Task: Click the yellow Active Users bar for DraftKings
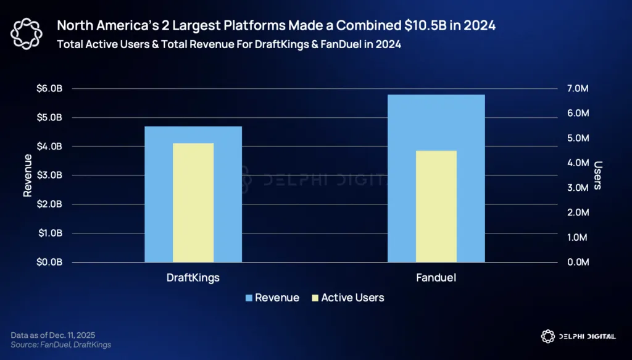coord(193,203)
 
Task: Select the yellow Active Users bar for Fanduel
coord(436,206)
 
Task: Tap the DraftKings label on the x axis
coord(193,278)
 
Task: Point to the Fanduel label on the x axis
coord(436,278)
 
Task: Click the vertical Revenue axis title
coord(27,175)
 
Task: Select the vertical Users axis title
coord(598,175)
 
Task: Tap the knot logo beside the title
coord(26,35)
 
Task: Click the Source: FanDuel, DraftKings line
coord(61,345)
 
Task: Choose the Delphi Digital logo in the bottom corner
coord(578,337)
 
